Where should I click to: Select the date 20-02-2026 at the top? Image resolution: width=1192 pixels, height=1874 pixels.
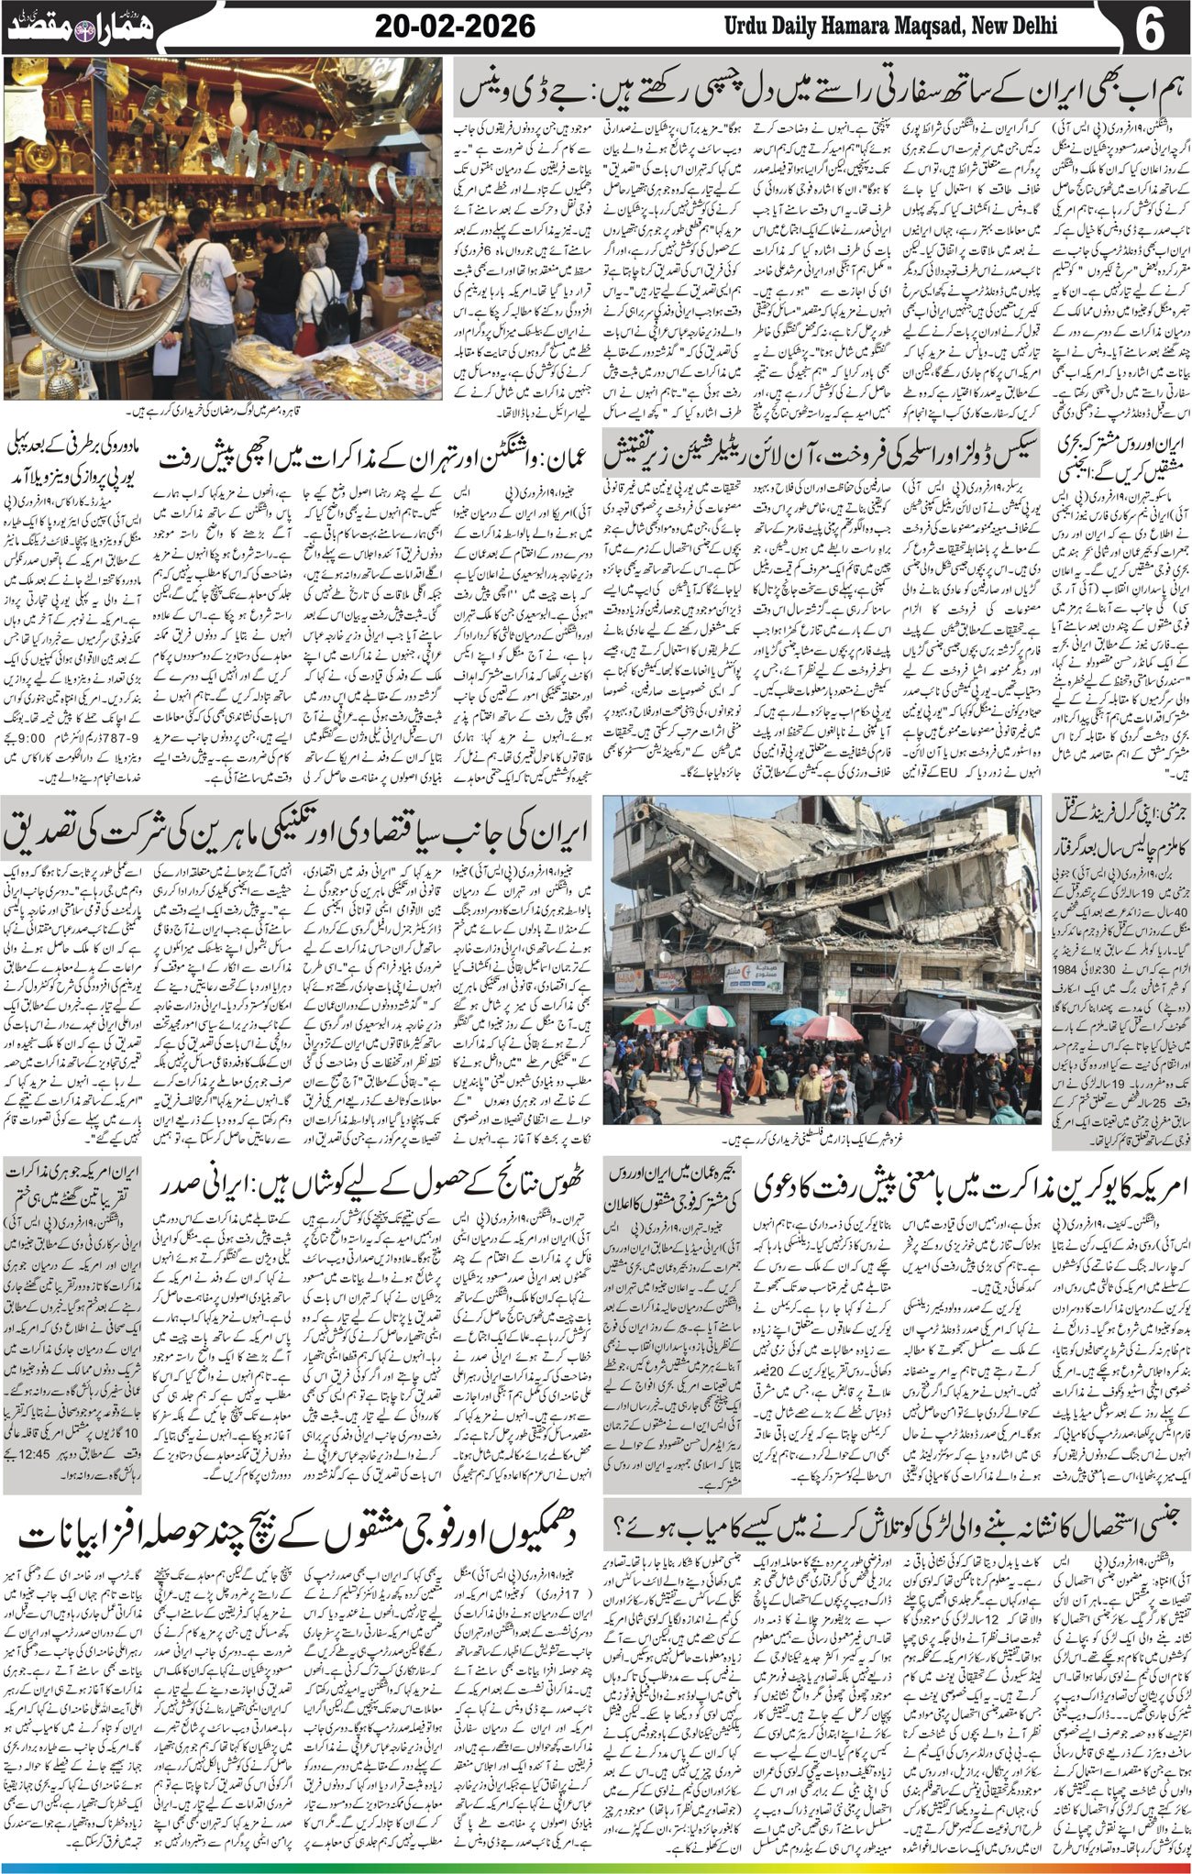(455, 27)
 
